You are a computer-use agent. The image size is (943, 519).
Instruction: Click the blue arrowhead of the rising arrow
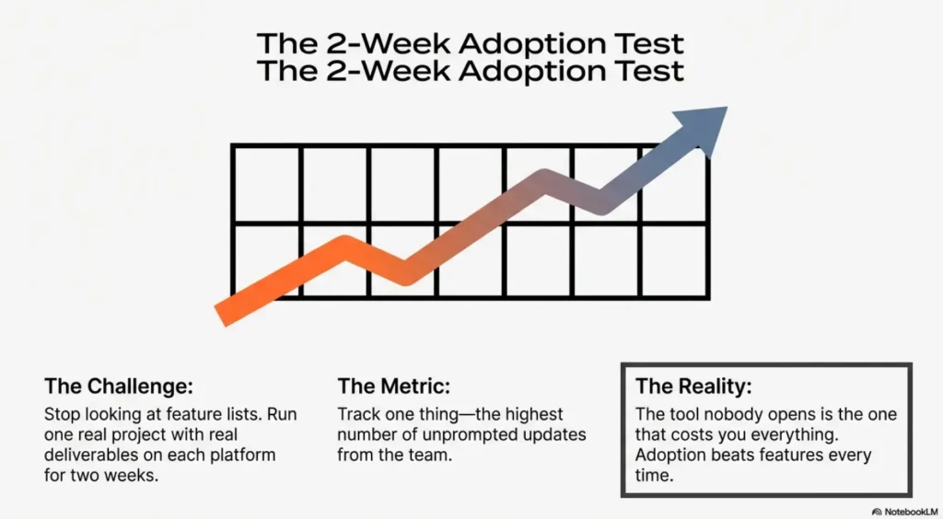pos(701,128)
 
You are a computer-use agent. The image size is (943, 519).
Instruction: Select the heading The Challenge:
pos(119,386)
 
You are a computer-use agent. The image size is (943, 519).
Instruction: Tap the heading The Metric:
pos(394,386)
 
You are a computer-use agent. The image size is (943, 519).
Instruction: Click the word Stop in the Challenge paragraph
pos(61,415)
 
